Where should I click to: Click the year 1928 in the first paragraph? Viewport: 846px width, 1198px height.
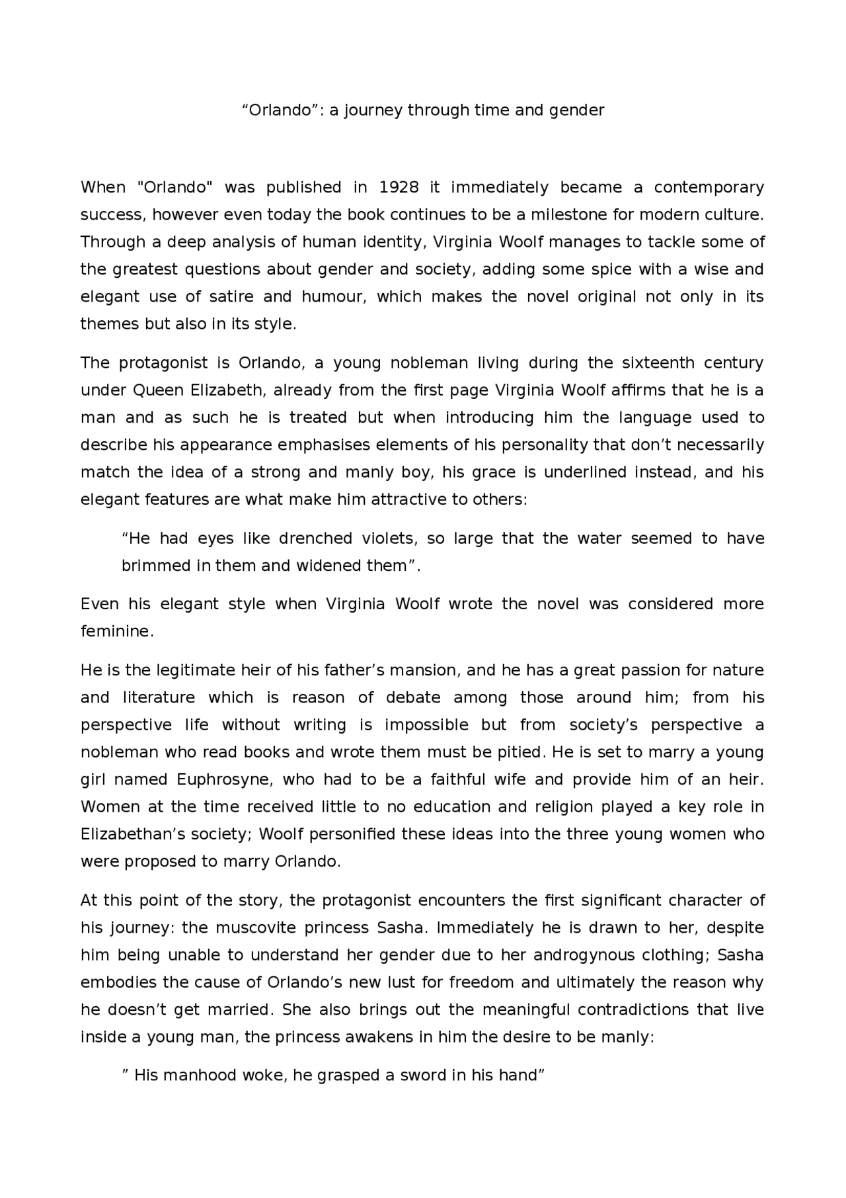pyautogui.click(x=399, y=187)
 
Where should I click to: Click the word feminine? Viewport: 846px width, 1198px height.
pyautogui.click(x=116, y=632)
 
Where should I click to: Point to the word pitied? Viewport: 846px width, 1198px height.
pyautogui.click(x=521, y=752)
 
